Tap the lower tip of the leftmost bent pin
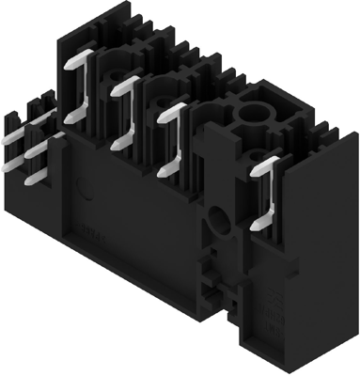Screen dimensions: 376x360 pos(69,120)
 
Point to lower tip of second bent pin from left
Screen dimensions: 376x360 pos(115,144)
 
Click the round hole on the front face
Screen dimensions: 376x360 pos(219,223)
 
